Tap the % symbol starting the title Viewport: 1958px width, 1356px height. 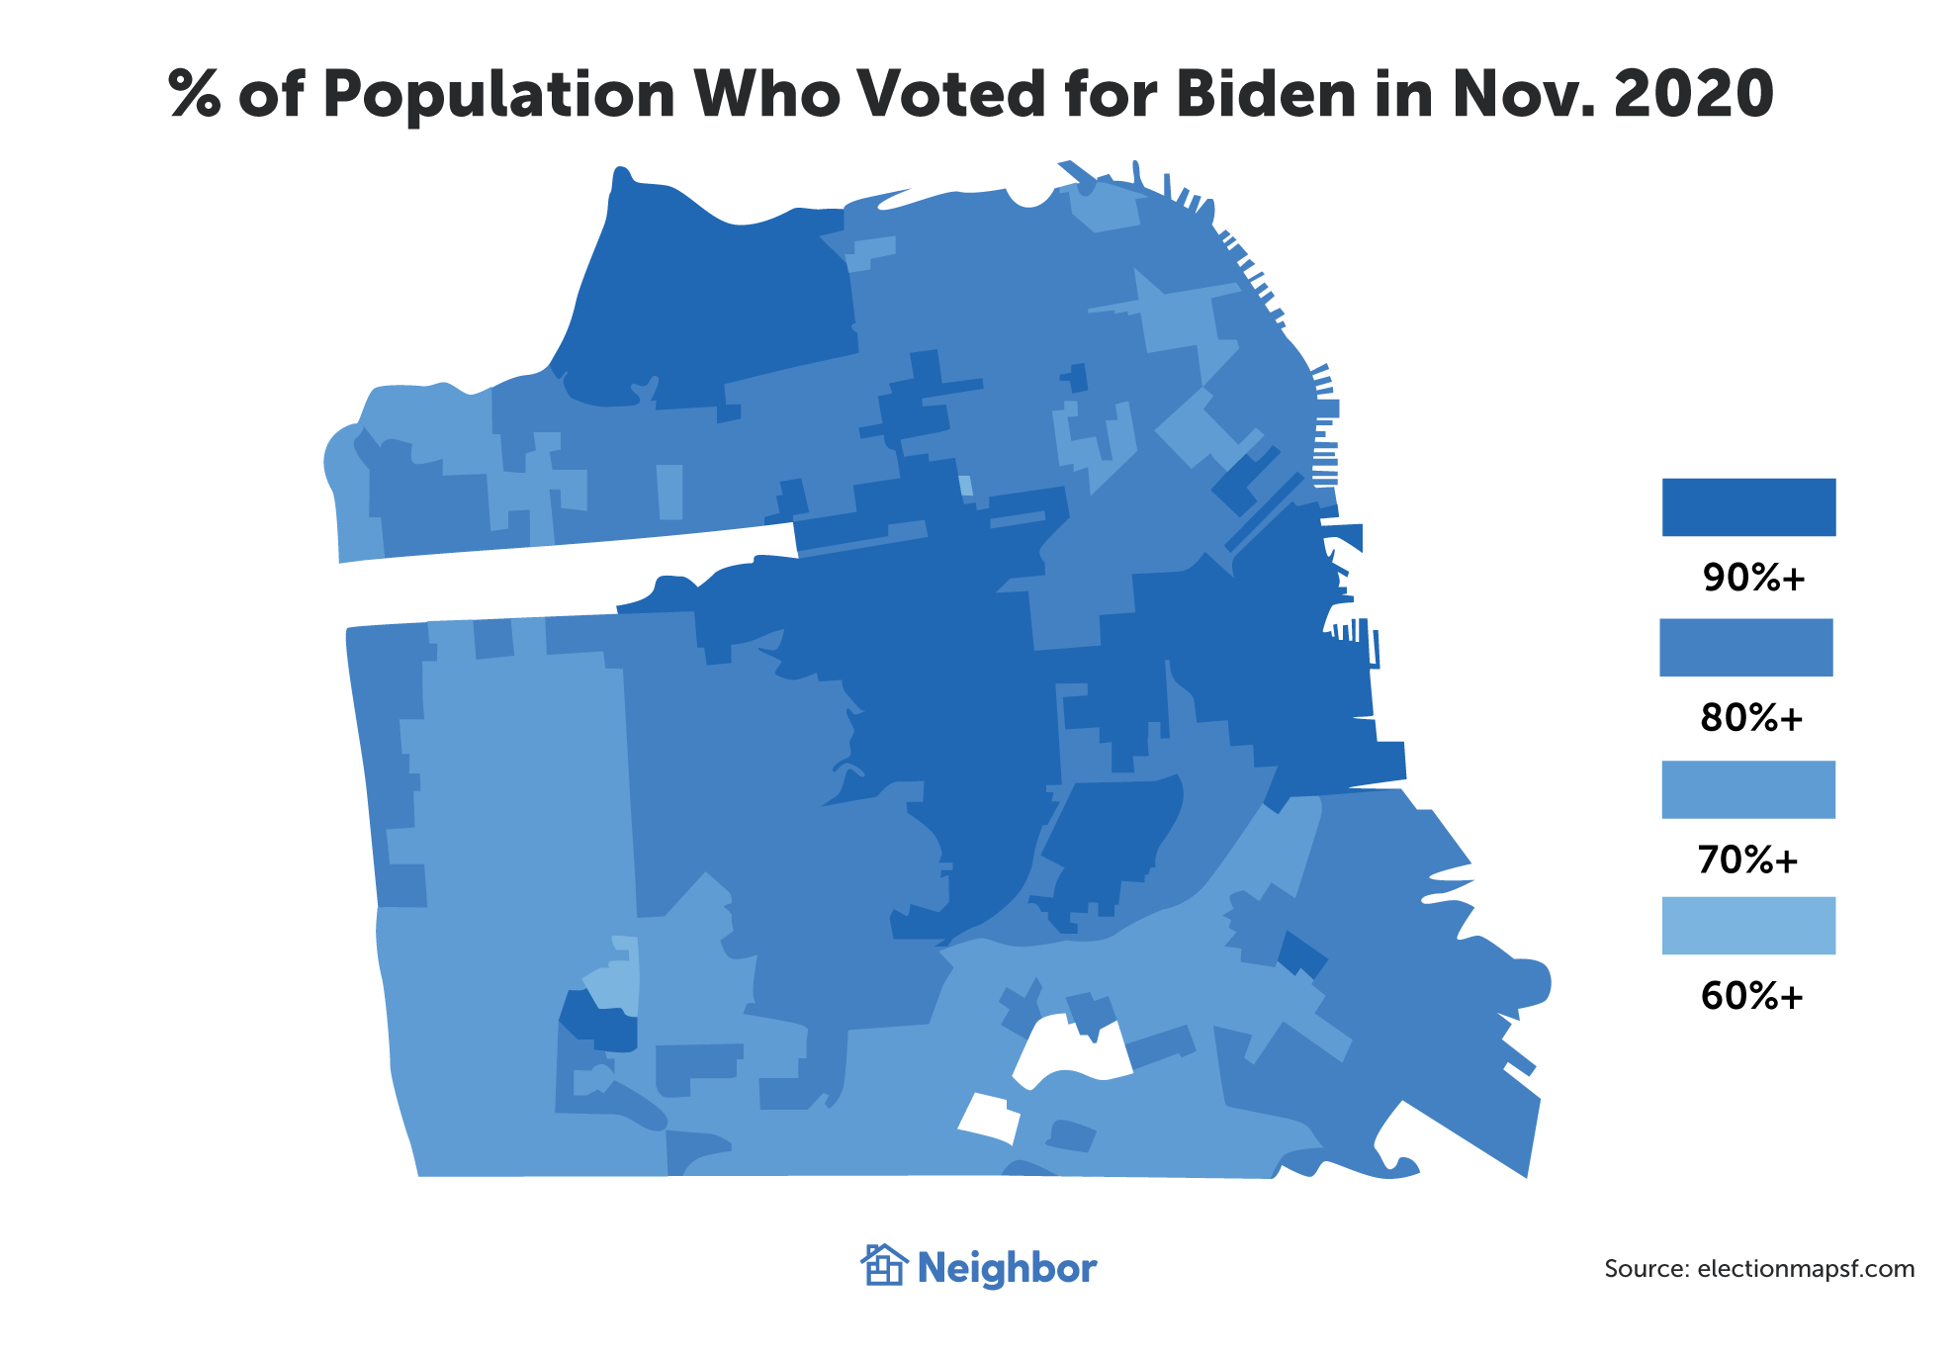point(195,95)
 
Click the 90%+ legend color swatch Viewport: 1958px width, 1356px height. point(1748,507)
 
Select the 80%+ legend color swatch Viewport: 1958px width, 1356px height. point(1746,648)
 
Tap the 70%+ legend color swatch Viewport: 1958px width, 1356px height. point(1748,789)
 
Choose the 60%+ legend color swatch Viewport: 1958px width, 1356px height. point(1748,926)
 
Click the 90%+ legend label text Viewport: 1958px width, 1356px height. point(1753,578)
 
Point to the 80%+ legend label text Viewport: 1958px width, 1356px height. point(1751,718)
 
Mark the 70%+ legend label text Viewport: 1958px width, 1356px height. point(1748,860)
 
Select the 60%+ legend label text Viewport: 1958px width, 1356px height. point(1751,996)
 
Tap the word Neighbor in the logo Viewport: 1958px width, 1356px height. point(1007,1269)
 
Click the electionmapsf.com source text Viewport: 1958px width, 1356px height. point(1806,1269)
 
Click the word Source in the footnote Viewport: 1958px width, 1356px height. point(1646,1269)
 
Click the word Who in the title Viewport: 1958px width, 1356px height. point(766,95)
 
